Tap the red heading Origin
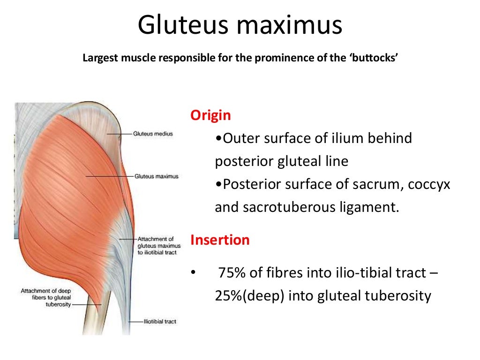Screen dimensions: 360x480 210,115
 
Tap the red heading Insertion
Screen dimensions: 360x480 220,240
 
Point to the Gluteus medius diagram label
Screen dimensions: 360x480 153,134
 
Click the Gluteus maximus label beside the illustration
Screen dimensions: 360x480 156,177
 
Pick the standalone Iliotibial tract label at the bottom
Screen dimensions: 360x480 160,322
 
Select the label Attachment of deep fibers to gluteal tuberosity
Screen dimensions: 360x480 45,298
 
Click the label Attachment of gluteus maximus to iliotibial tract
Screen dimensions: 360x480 156,246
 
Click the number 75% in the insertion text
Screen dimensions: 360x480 229,273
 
